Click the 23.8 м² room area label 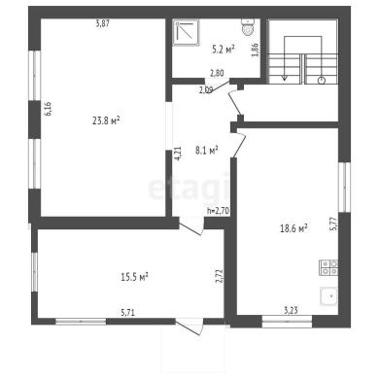(x=106, y=121)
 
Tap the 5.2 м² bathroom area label (x=224, y=50)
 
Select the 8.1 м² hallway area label (x=206, y=150)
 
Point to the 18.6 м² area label (x=293, y=228)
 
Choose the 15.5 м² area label (x=134, y=277)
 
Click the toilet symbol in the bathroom (x=248, y=26)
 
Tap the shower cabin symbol (x=186, y=32)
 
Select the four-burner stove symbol (x=328, y=267)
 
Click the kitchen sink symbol (x=328, y=296)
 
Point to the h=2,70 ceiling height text (x=218, y=211)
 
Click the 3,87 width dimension (x=103, y=23)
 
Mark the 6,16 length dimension (x=49, y=109)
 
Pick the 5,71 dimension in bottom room (x=128, y=313)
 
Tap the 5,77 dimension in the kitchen (x=334, y=224)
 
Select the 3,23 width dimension (x=291, y=311)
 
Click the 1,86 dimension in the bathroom (x=255, y=50)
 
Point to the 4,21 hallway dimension (x=178, y=154)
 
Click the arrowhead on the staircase (x=285, y=78)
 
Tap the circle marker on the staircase (x=322, y=81)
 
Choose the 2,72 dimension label (x=220, y=276)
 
